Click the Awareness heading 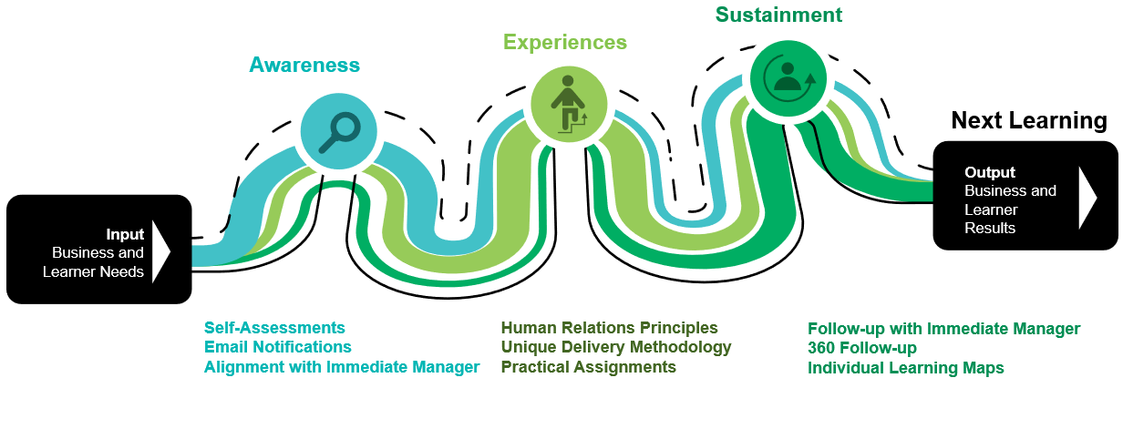[x=304, y=65]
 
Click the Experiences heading [x=565, y=42]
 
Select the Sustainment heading [x=778, y=15]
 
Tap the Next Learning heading [x=1029, y=120]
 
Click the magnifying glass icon [x=338, y=131]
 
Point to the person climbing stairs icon [x=567, y=103]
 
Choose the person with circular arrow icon [x=788, y=77]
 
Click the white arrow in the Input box [x=161, y=250]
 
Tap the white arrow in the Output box [x=1087, y=197]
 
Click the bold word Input [x=125, y=234]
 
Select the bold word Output [x=990, y=172]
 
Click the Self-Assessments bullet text [x=274, y=327]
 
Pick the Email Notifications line [x=277, y=347]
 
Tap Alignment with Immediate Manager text [x=342, y=367]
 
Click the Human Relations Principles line [x=610, y=327]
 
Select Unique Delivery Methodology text [x=616, y=347]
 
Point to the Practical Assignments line [x=589, y=367]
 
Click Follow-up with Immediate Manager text [x=943, y=328]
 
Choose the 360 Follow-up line [x=862, y=348]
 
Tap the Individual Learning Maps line [x=906, y=368]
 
